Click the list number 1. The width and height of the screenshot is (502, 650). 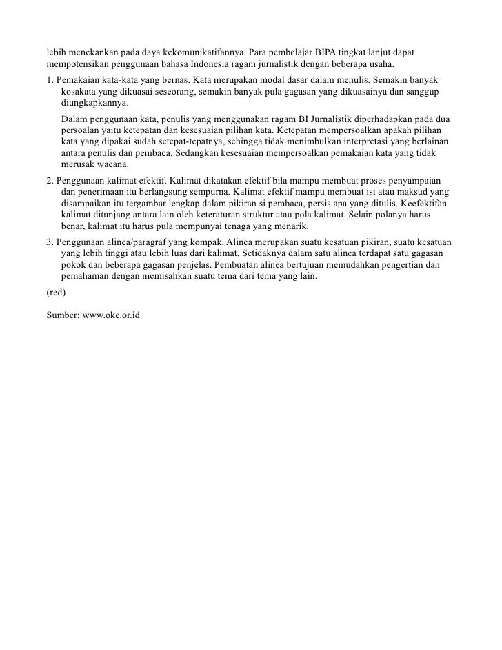pos(50,79)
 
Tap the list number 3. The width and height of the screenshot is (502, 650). pos(50,242)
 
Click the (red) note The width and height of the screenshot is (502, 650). pos(56,293)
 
